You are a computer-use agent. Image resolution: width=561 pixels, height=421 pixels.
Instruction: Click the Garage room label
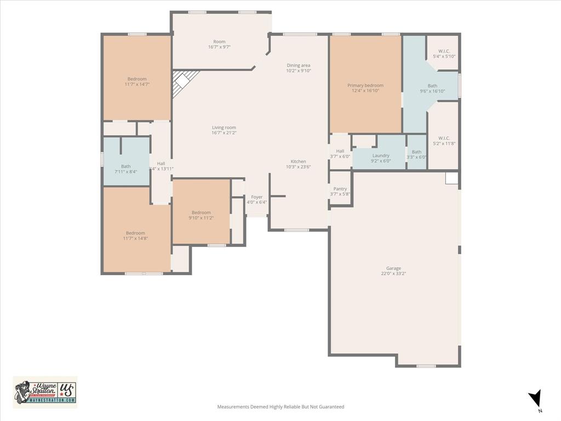(393, 271)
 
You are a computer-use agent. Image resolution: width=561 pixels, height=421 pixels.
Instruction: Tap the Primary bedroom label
(365, 88)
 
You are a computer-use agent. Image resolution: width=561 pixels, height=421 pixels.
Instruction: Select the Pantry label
(340, 191)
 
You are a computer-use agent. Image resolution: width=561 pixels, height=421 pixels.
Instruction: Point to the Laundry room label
(381, 158)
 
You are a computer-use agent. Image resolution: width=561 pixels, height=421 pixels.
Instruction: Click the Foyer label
(256, 200)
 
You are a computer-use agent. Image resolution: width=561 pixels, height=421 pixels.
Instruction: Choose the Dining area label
(299, 68)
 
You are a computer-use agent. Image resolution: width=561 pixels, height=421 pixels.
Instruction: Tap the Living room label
(224, 130)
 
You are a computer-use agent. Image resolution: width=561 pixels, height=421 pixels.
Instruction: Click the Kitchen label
(299, 164)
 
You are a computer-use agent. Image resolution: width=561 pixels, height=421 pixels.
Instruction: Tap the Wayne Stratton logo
(45, 392)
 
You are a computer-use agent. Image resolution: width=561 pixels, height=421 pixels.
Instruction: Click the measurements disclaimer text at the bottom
(280, 407)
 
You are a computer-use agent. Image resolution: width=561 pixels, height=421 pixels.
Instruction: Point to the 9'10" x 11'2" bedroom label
(201, 215)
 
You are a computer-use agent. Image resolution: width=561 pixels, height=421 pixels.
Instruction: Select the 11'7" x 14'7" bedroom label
(137, 82)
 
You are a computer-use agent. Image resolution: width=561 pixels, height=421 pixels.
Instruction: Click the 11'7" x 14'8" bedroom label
(135, 236)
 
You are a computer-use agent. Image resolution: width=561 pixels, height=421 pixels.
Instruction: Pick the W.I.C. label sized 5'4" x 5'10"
(444, 54)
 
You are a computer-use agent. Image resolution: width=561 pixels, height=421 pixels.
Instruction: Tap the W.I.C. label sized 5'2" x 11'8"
(444, 140)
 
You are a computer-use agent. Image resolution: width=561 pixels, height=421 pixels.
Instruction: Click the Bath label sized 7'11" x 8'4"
(126, 169)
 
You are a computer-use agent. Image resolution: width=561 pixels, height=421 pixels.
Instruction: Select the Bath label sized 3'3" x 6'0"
(416, 154)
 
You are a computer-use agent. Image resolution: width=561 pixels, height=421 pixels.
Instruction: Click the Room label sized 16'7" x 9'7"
(219, 44)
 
